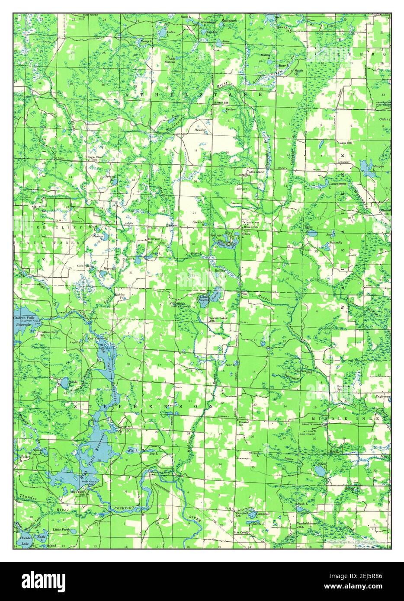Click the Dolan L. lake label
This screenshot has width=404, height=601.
(x=171, y=32)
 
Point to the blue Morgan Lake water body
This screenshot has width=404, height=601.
(x=367, y=166)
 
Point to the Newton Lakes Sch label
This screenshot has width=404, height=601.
(x=218, y=320)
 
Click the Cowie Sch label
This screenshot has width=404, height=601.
(x=344, y=142)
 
